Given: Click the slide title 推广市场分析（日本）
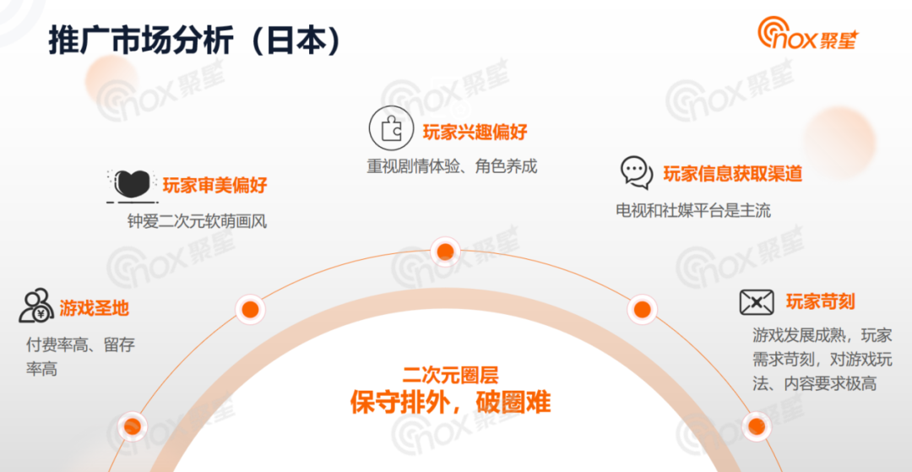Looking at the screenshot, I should pos(195,41).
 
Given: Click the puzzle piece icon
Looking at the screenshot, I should pos(389,128).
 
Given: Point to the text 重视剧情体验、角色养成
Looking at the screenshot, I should pos(452,166).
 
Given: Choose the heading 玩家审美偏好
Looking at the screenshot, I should pos(214,185).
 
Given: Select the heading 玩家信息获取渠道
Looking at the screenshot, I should pos(732,174).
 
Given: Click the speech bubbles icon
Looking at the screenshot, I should pos(636,172).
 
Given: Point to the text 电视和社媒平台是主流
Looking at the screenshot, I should pos(693,209).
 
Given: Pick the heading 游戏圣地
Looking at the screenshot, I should pos(94,308).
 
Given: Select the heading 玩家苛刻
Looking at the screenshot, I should pos(820,301).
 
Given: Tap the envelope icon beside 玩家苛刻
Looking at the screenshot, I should pos(757,301).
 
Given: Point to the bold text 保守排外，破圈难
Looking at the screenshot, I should pos(450,402).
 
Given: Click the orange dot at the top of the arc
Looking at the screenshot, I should pos(444,252).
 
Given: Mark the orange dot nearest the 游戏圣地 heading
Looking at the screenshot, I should pos(250,310).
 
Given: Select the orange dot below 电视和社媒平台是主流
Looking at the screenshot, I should pos(643,310).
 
